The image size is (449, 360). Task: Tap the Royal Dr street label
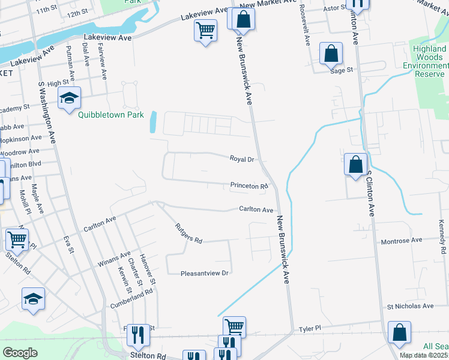point(243,159)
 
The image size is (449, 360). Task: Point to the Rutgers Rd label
point(188,233)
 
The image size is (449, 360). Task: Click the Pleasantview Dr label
point(205,273)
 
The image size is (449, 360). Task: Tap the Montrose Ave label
point(402,241)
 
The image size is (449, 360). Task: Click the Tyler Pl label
point(310,329)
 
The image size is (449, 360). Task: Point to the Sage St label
point(341,70)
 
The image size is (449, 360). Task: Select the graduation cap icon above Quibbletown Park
point(69,97)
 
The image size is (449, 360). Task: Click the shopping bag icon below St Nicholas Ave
point(399,333)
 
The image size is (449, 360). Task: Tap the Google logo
point(20,353)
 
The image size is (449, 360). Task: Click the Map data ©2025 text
point(424,355)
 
